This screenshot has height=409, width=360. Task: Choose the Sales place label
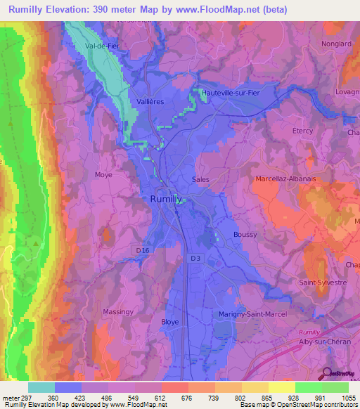pos(200,179)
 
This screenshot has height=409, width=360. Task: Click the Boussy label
pos(245,235)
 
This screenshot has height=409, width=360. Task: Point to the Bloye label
pos(170,321)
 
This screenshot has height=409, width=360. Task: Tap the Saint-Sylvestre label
pos(323,283)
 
